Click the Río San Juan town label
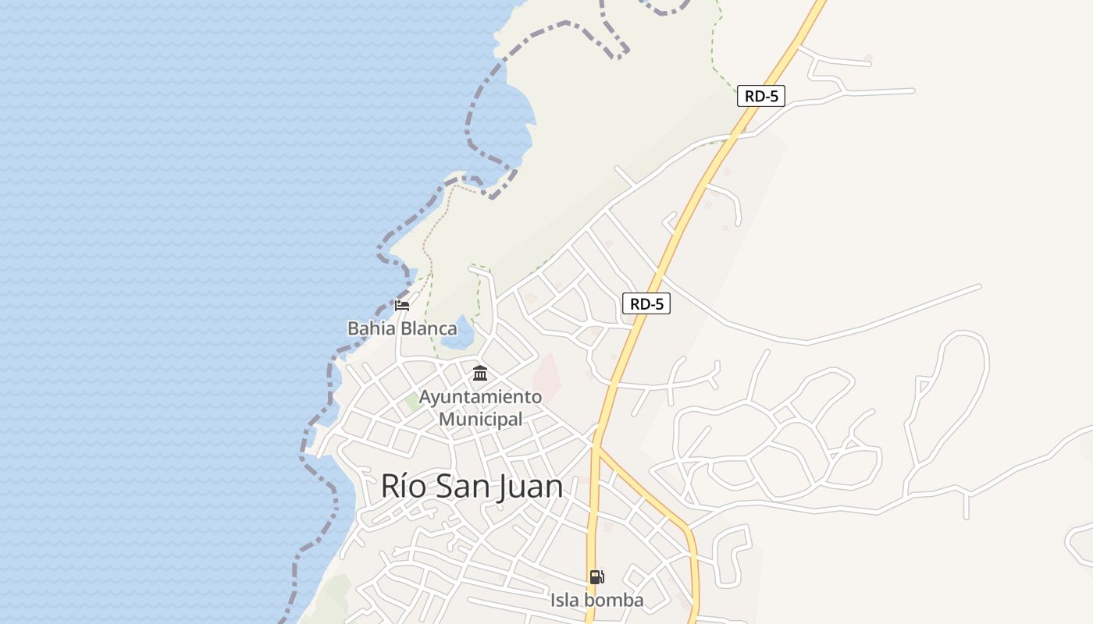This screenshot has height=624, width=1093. pos(472,487)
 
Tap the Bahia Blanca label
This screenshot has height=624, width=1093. pos(402,328)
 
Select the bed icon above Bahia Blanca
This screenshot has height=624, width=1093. pos(402,305)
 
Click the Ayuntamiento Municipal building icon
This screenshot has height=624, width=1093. pos(480,374)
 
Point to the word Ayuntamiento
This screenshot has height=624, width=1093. pos(480,397)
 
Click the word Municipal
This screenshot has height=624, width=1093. pos(480,419)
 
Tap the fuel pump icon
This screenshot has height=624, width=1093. pos(596,577)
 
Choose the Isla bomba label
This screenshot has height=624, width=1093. pos(596,600)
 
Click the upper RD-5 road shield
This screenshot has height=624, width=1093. pos(760,96)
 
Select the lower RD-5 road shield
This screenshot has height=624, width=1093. pos(646,303)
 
